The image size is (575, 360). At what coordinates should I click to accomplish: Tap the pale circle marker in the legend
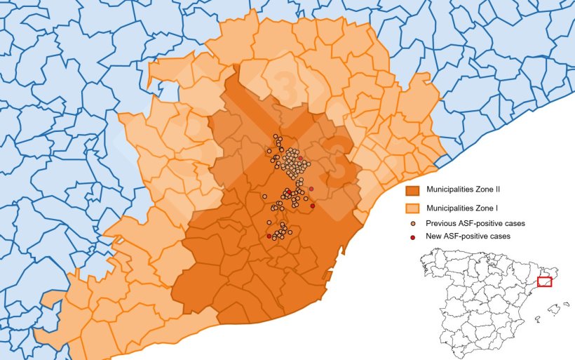(413, 223)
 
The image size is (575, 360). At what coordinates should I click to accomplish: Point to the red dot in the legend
(413, 236)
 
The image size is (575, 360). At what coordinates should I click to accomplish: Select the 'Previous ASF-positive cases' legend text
(475, 223)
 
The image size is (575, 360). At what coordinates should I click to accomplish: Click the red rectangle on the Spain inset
(544, 281)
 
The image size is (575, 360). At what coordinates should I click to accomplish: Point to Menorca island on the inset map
(565, 303)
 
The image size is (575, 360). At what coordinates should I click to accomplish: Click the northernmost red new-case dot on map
(300, 159)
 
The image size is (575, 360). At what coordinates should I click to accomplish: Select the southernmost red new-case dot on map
(269, 236)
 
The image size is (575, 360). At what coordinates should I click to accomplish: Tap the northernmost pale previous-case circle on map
(276, 136)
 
